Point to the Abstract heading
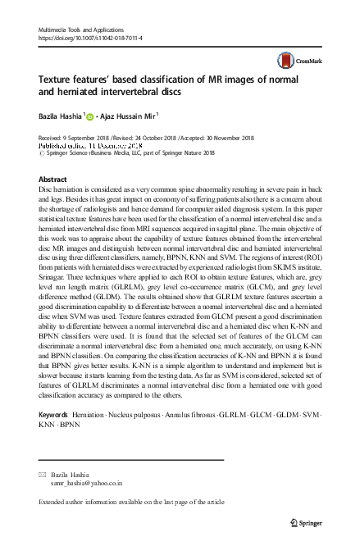pyautogui.click(x=52, y=180)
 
